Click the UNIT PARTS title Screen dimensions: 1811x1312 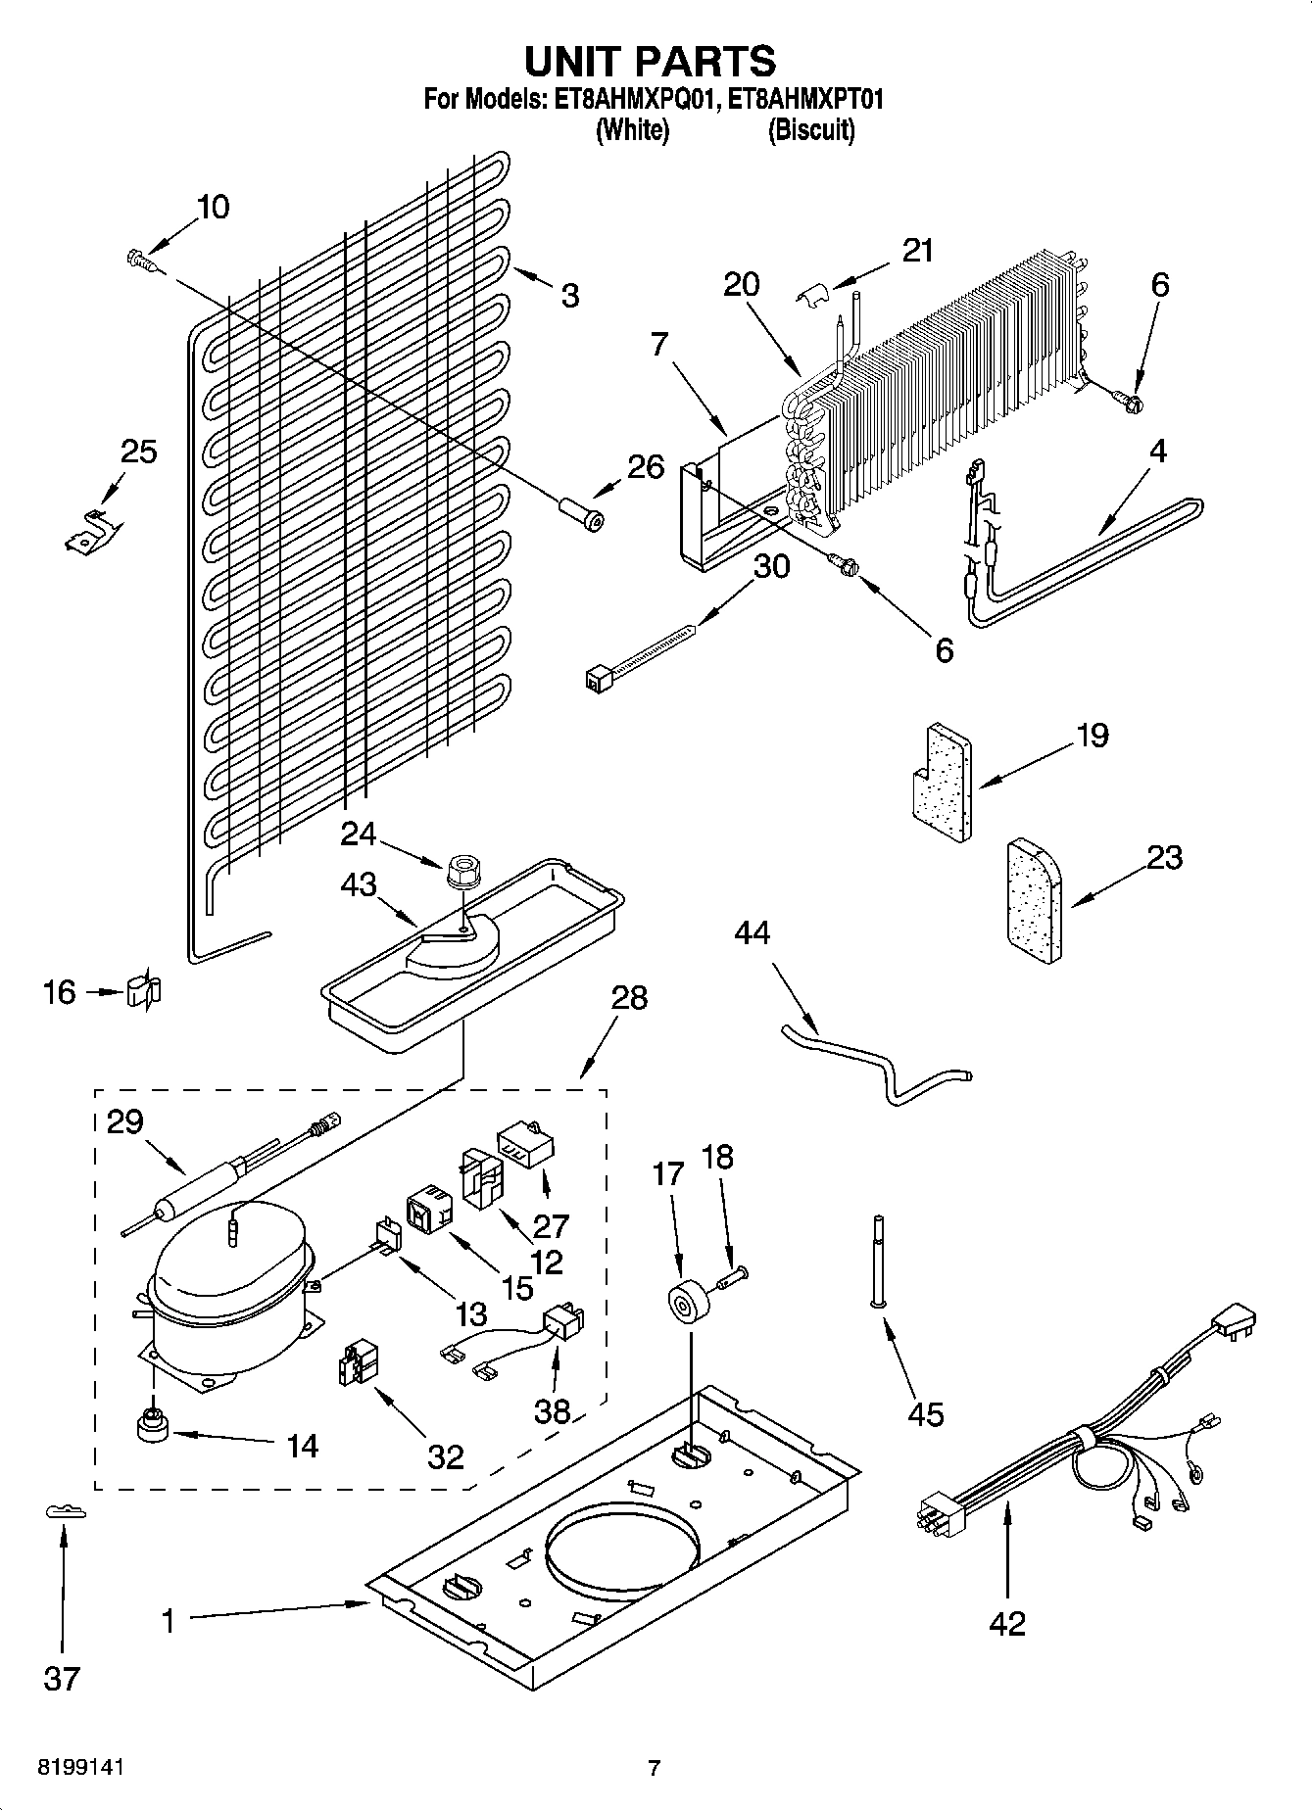pyautogui.click(x=651, y=61)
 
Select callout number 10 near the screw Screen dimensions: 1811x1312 pyautogui.click(x=213, y=207)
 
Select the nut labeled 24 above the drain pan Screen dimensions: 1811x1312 pyautogui.click(x=458, y=870)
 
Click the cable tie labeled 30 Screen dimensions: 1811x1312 pyautogui.click(x=636, y=654)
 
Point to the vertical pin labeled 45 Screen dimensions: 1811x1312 pyautogui.click(x=877, y=1259)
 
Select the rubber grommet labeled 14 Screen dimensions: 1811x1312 pyautogui.click(x=152, y=1426)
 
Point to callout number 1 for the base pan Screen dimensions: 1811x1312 pyautogui.click(x=168, y=1621)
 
